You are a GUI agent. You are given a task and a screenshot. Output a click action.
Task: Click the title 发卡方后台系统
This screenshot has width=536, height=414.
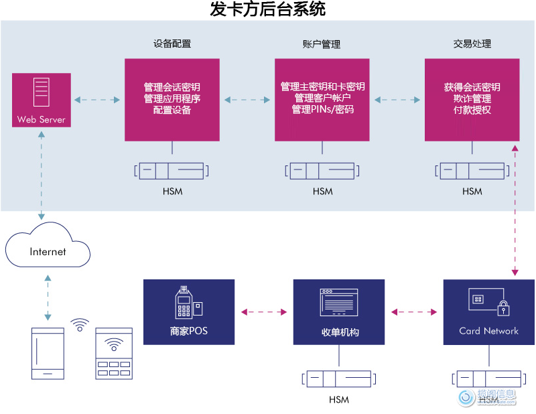(268, 10)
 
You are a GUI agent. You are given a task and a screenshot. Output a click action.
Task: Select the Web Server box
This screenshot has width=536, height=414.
(42, 100)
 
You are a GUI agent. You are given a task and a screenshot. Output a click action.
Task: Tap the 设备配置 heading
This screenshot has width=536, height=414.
(172, 44)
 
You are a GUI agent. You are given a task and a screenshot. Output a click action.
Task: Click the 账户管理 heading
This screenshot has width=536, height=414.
(322, 44)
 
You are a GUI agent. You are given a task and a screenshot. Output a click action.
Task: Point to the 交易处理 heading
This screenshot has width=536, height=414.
(472, 44)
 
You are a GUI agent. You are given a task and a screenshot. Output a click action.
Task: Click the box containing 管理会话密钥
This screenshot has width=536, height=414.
(172, 99)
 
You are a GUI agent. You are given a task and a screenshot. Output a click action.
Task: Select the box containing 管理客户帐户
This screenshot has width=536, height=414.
(322, 99)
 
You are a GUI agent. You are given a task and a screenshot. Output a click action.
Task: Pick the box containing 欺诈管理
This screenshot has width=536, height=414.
(472, 99)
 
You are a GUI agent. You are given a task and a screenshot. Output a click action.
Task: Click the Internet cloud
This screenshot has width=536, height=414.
(48, 251)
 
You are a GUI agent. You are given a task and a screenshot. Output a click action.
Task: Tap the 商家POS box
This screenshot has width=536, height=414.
(189, 312)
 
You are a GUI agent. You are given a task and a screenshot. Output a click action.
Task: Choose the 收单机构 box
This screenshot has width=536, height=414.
(339, 312)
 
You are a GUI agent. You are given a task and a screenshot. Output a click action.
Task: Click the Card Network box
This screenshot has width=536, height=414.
(488, 312)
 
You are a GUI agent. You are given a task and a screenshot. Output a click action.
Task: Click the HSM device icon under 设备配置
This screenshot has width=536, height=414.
(172, 171)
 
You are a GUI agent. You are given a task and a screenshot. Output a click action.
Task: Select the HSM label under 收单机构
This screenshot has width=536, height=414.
(339, 400)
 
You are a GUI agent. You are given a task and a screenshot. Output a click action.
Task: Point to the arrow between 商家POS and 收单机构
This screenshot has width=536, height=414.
(264, 312)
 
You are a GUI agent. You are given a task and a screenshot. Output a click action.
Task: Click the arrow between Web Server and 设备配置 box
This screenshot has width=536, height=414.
(98, 100)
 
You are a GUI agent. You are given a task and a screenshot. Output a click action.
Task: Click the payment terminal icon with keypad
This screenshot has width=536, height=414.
(114, 354)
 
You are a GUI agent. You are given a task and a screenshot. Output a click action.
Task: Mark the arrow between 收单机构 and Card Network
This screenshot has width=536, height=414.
(413, 312)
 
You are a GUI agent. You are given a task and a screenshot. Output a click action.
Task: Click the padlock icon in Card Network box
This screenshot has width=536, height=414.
(503, 307)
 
